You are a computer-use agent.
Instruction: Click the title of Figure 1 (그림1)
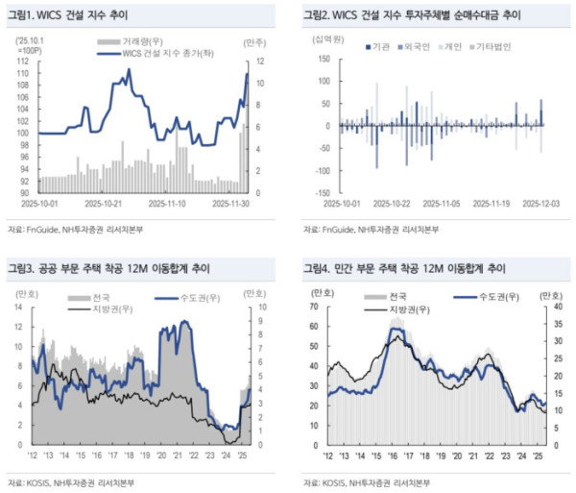(68, 15)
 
